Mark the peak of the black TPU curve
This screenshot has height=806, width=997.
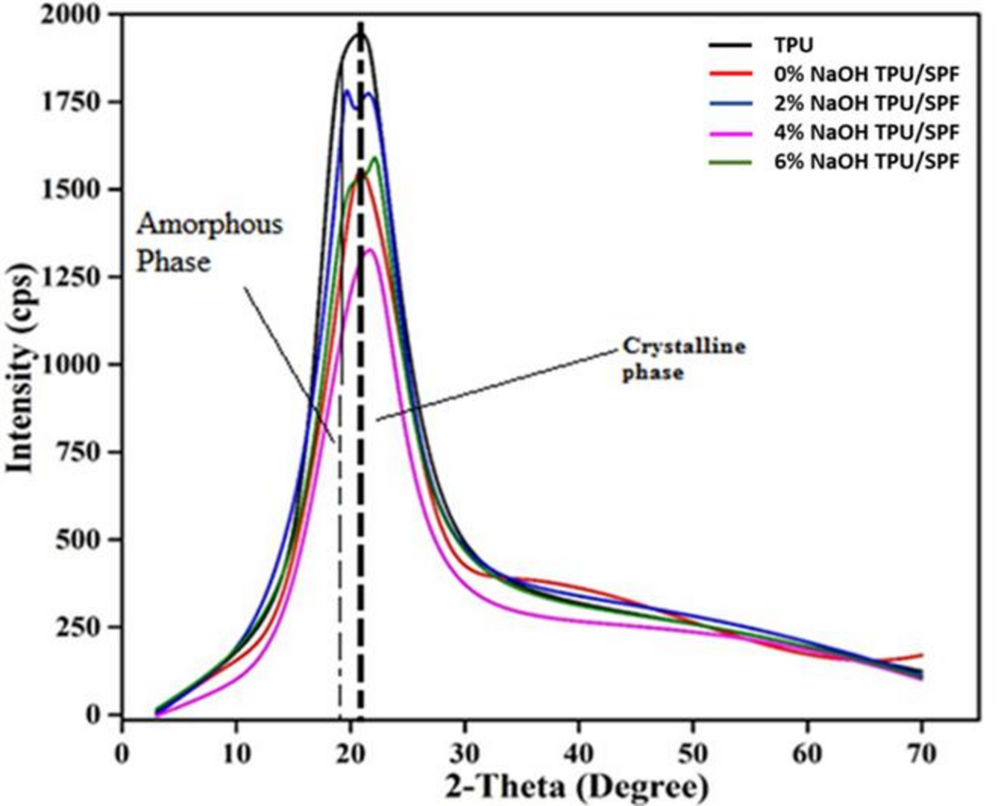tap(360, 33)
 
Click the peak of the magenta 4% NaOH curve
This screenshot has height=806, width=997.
tap(369, 249)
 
